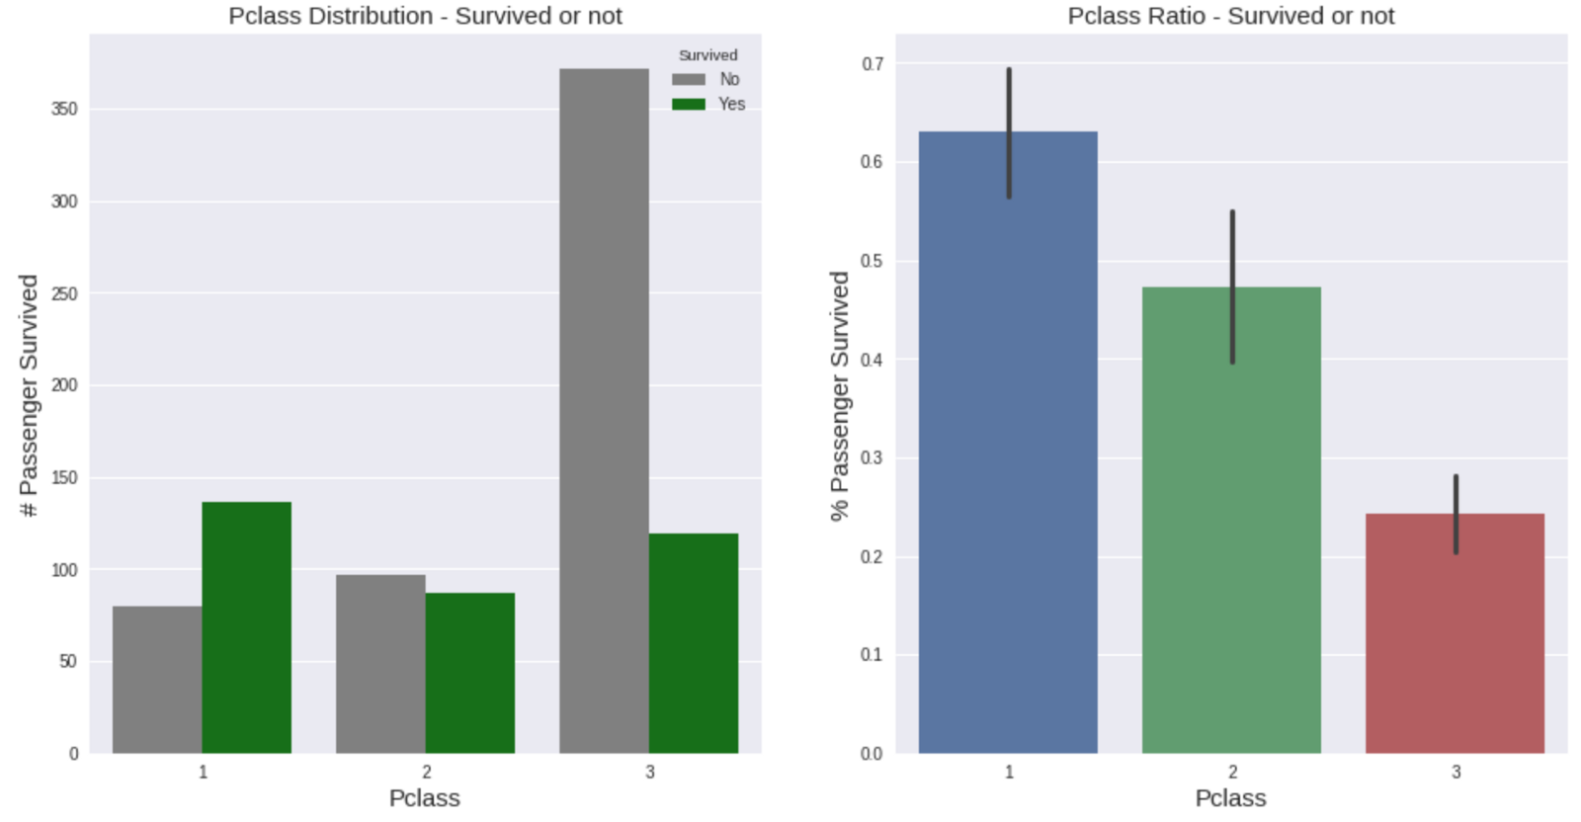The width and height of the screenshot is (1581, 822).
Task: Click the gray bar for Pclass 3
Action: point(604,410)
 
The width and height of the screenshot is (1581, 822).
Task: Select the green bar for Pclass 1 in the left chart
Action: point(246,627)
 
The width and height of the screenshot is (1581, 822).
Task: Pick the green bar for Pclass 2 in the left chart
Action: point(469,673)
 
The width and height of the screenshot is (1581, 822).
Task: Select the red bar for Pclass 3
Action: point(1455,642)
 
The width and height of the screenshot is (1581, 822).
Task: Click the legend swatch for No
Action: point(689,79)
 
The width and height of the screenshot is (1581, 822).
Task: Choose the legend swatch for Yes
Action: point(689,104)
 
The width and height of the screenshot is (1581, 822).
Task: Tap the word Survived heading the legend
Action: point(707,55)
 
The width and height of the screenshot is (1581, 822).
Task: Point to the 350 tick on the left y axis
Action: point(64,109)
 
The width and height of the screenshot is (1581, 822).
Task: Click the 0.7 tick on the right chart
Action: point(872,64)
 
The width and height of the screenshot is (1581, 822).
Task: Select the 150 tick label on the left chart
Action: point(64,478)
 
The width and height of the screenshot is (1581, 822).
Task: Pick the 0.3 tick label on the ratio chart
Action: point(872,458)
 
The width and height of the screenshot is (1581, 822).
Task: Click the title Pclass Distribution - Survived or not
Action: point(425,16)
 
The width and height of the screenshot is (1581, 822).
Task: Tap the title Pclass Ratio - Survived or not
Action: point(1230,16)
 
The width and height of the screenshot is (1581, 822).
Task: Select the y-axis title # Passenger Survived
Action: point(29,395)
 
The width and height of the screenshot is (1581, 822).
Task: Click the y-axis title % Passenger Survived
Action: point(839,395)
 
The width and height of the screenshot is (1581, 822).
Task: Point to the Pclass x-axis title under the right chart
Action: point(1230,798)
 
